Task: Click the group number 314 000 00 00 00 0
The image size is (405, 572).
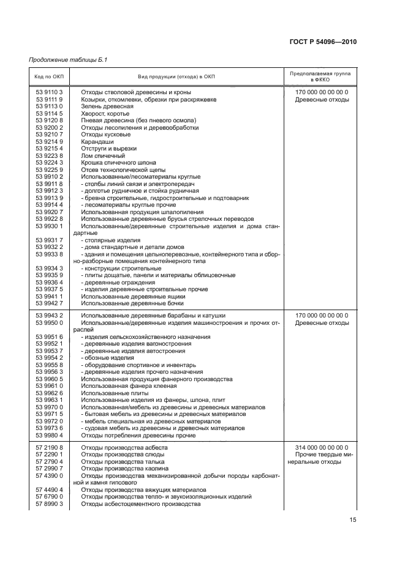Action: [322, 448]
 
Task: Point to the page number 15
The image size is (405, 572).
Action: [353, 520]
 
